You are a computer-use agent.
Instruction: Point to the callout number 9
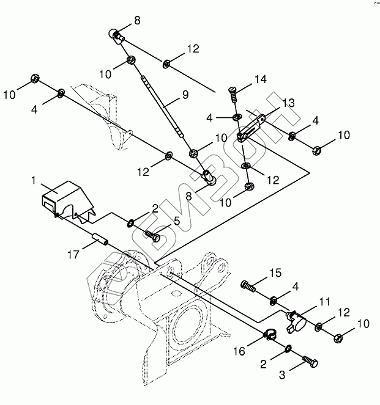click(x=185, y=96)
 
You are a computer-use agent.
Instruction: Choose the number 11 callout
click(x=324, y=301)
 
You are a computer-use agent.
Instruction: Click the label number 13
click(x=288, y=103)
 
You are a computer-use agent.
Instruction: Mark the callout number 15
click(x=277, y=272)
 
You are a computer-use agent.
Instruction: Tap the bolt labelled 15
click(x=247, y=284)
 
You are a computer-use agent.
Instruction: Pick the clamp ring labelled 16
click(x=270, y=334)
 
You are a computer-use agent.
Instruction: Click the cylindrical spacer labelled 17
click(x=99, y=239)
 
